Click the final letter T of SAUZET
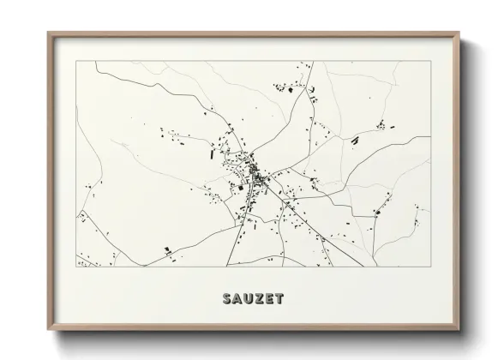[x=281, y=299]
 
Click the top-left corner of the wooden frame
[x=48, y=33]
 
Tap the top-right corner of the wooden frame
[x=460, y=33]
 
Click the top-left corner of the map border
[x=76, y=61]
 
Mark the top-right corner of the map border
[x=431, y=61]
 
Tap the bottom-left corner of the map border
[x=76, y=266]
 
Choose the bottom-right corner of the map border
[x=431, y=266]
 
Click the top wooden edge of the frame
[x=254, y=34]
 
